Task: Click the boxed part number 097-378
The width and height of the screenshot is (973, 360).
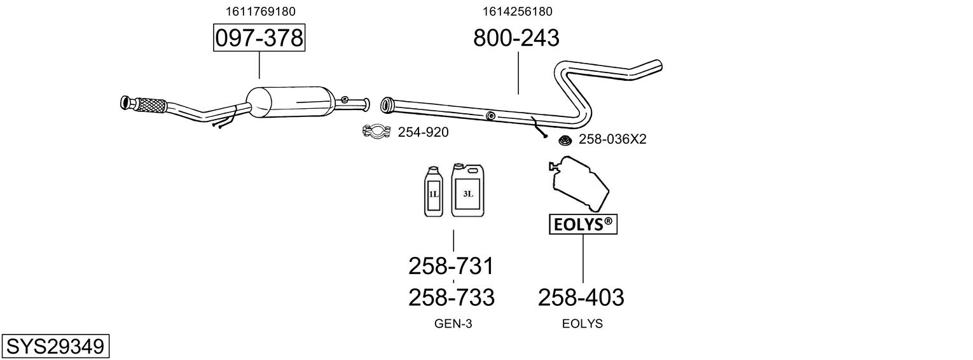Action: tap(259, 38)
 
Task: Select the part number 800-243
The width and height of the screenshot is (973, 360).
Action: tap(516, 38)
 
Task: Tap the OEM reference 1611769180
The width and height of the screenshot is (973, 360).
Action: tap(260, 11)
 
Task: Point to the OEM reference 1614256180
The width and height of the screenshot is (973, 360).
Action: tap(517, 11)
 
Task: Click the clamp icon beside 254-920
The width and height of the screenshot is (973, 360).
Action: tap(376, 132)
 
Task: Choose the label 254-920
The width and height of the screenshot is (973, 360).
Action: tap(423, 132)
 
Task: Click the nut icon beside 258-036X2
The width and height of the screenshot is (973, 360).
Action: tap(564, 139)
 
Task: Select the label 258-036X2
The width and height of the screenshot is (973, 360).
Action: tap(612, 139)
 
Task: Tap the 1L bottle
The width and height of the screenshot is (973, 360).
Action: tap(434, 191)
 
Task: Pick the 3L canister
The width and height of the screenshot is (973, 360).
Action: tap(467, 190)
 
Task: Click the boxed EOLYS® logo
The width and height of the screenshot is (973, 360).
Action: tap(583, 224)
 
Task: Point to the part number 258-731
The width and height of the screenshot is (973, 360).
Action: tap(451, 265)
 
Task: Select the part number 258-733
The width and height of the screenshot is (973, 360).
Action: tap(451, 296)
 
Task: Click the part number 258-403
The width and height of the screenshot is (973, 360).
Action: tap(581, 296)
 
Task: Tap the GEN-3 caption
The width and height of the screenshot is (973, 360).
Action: tap(453, 324)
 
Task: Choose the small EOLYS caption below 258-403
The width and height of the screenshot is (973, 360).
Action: tap(582, 324)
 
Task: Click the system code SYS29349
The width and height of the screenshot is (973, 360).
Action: tap(55, 347)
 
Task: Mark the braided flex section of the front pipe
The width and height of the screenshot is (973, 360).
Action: tap(149, 105)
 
